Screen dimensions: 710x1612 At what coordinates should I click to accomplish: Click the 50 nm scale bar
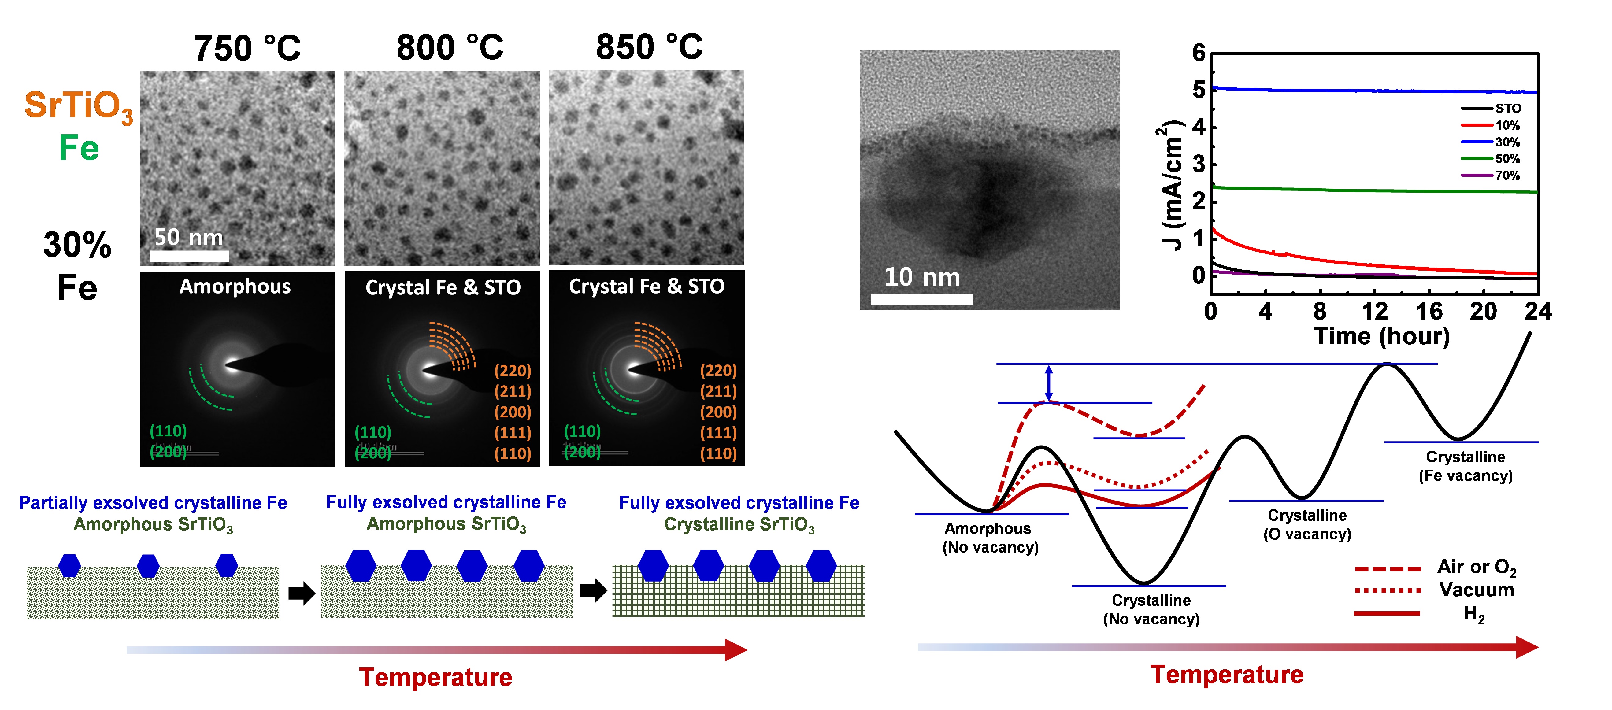pyautogui.click(x=190, y=255)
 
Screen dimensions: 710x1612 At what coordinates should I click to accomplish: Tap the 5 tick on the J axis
pyautogui.click(x=1198, y=90)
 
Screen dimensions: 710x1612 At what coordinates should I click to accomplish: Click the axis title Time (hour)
pyautogui.click(x=1381, y=337)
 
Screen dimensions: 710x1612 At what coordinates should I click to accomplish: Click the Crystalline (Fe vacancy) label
pyautogui.click(x=1465, y=466)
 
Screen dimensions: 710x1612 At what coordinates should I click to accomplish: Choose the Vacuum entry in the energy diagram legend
pyautogui.click(x=1476, y=590)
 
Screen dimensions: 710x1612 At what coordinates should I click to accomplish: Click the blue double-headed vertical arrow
pyautogui.click(x=1049, y=383)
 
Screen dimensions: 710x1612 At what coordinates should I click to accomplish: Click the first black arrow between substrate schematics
pyautogui.click(x=301, y=593)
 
